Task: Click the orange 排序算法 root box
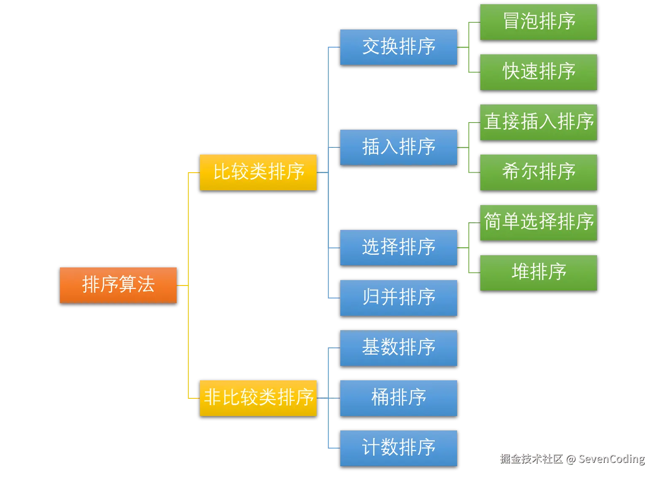point(118,285)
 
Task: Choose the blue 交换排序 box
point(399,47)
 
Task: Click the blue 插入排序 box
point(399,147)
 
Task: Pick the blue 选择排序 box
point(399,247)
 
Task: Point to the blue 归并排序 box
point(399,297)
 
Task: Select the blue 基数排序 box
point(399,347)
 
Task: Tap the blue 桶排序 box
point(399,398)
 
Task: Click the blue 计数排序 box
point(399,448)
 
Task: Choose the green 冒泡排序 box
point(539,22)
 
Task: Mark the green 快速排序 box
point(539,72)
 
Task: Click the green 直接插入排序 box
point(539,122)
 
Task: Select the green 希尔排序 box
point(539,172)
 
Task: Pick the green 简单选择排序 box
point(539,222)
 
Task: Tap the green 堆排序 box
point(539,272)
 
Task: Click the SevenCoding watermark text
point(611,459)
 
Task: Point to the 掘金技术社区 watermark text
point(531,459)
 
